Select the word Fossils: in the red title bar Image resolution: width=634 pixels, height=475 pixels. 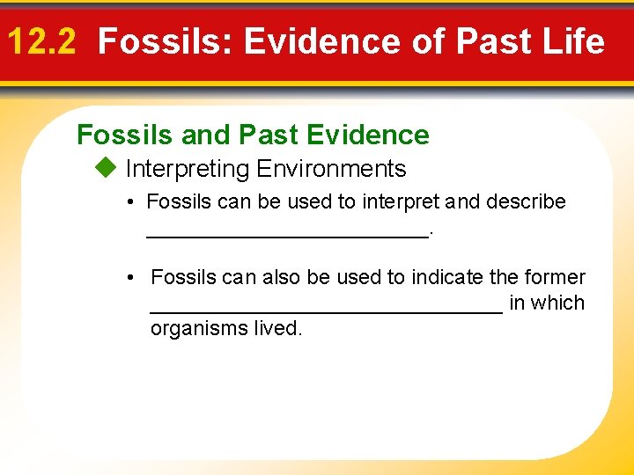click(166, 41)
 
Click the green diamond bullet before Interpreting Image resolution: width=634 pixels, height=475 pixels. click(109, 168)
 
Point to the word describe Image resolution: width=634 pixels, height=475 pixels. click(523, 201)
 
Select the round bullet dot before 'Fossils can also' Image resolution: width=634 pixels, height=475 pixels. click(129, 278)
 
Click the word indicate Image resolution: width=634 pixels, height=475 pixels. click(447, 277)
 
